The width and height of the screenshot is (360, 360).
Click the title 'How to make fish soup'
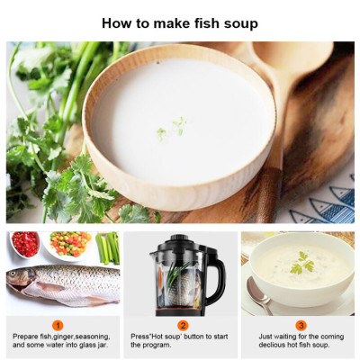point(180,22)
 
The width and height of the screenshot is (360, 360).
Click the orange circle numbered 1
point(58,324)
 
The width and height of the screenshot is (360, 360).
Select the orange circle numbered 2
point(183,324)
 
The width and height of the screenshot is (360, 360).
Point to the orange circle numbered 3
point(301,324)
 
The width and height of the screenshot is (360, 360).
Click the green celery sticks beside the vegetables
point(108,247)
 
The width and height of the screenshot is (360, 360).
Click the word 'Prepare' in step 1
point(26,337)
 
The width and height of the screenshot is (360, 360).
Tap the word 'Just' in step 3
point(269,337)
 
